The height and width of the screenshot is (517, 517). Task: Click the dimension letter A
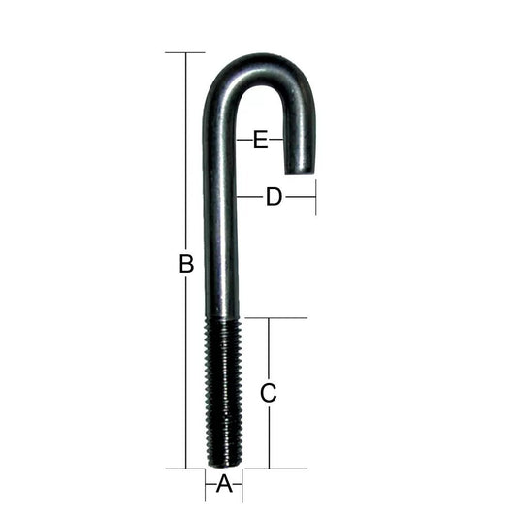[x=224, y=484]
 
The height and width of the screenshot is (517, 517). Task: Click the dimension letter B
[x=186, y=264]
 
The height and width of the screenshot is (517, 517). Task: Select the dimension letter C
[x=269, y=393]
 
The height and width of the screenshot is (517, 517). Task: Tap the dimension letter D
[x=275, y=197]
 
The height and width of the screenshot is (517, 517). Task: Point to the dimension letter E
[x=261, y=140]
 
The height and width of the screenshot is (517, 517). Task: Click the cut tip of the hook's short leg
[x=299, y=172]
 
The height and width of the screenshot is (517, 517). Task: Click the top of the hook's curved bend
[x=262, y=56]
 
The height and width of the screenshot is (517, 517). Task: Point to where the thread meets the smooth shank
[x=223, y=319]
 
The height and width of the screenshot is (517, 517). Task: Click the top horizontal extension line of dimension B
[x=185, y=52]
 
